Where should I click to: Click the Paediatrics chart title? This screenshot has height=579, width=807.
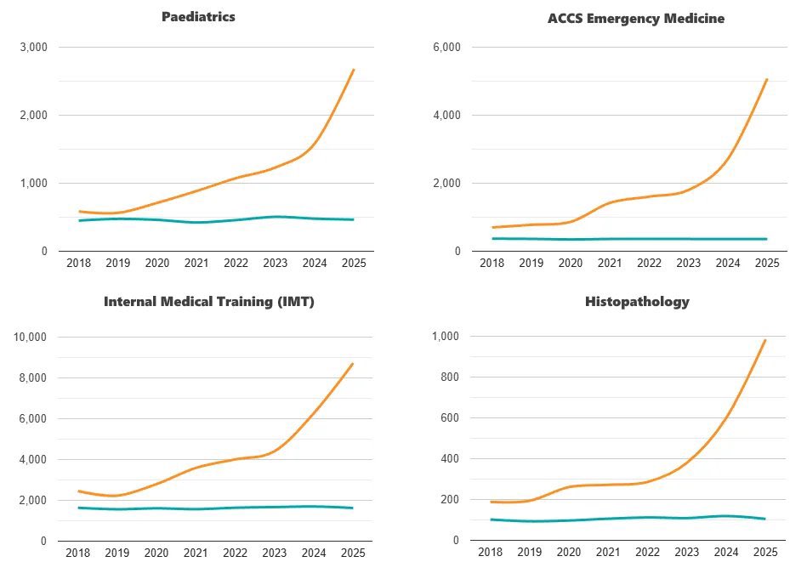(x=198, y=17)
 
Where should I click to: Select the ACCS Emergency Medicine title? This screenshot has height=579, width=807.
(x=636, y=18)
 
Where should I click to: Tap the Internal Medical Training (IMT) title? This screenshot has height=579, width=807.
(x=209, y=302)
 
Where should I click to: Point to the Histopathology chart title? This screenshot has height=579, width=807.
(x=637, y=302)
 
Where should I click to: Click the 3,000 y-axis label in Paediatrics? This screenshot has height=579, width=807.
(x=33, y=47)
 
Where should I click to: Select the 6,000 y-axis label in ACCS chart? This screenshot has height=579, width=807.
(x=446, y=47)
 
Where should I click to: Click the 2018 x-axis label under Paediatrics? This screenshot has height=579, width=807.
(x=78, y=264)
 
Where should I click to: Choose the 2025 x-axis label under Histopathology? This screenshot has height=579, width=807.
(x=766, y=553)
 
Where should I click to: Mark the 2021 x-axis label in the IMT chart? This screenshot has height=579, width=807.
(x=196, y=553)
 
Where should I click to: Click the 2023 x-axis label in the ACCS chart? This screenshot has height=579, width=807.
(x=688, y=264)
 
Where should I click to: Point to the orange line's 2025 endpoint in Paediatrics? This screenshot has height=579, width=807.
(x=354, y=70)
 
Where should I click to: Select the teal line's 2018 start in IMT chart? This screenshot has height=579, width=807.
(x=78, y=508)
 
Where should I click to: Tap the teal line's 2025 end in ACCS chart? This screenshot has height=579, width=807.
(x=766, y=239)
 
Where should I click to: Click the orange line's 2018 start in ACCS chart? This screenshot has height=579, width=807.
(x=492, y=227)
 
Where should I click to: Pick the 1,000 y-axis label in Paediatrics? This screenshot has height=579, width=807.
(x=33, y=184)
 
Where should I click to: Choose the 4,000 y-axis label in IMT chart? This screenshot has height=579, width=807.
(x=33, y=460)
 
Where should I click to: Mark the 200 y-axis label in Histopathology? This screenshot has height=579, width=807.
(x=451, y=500)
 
